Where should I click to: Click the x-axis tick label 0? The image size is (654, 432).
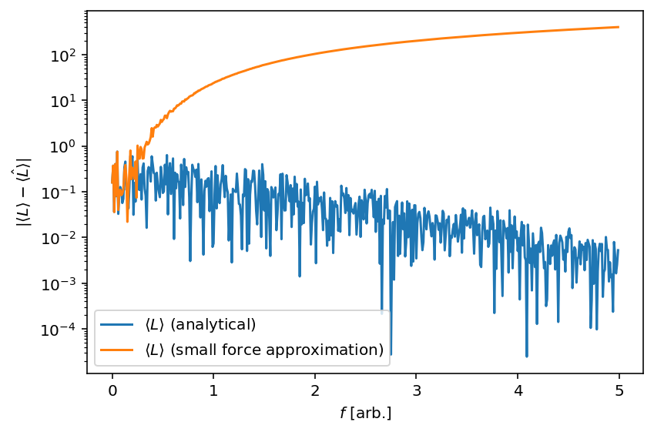pos(112,390)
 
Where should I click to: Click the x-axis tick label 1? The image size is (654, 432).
pos(213,390)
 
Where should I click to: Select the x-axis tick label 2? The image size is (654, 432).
pos(315,390)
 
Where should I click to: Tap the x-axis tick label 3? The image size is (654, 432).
pos(416,390)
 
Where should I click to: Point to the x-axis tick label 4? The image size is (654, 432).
pos(518,390)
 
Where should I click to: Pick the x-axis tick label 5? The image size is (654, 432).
pos(619,390)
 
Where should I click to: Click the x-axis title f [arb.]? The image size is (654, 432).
pos(365,414)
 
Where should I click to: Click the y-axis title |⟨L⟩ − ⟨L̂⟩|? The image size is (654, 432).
pos(23,192)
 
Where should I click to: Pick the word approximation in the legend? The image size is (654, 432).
pos(333,350)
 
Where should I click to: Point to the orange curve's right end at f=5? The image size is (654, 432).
pos(619,27)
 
